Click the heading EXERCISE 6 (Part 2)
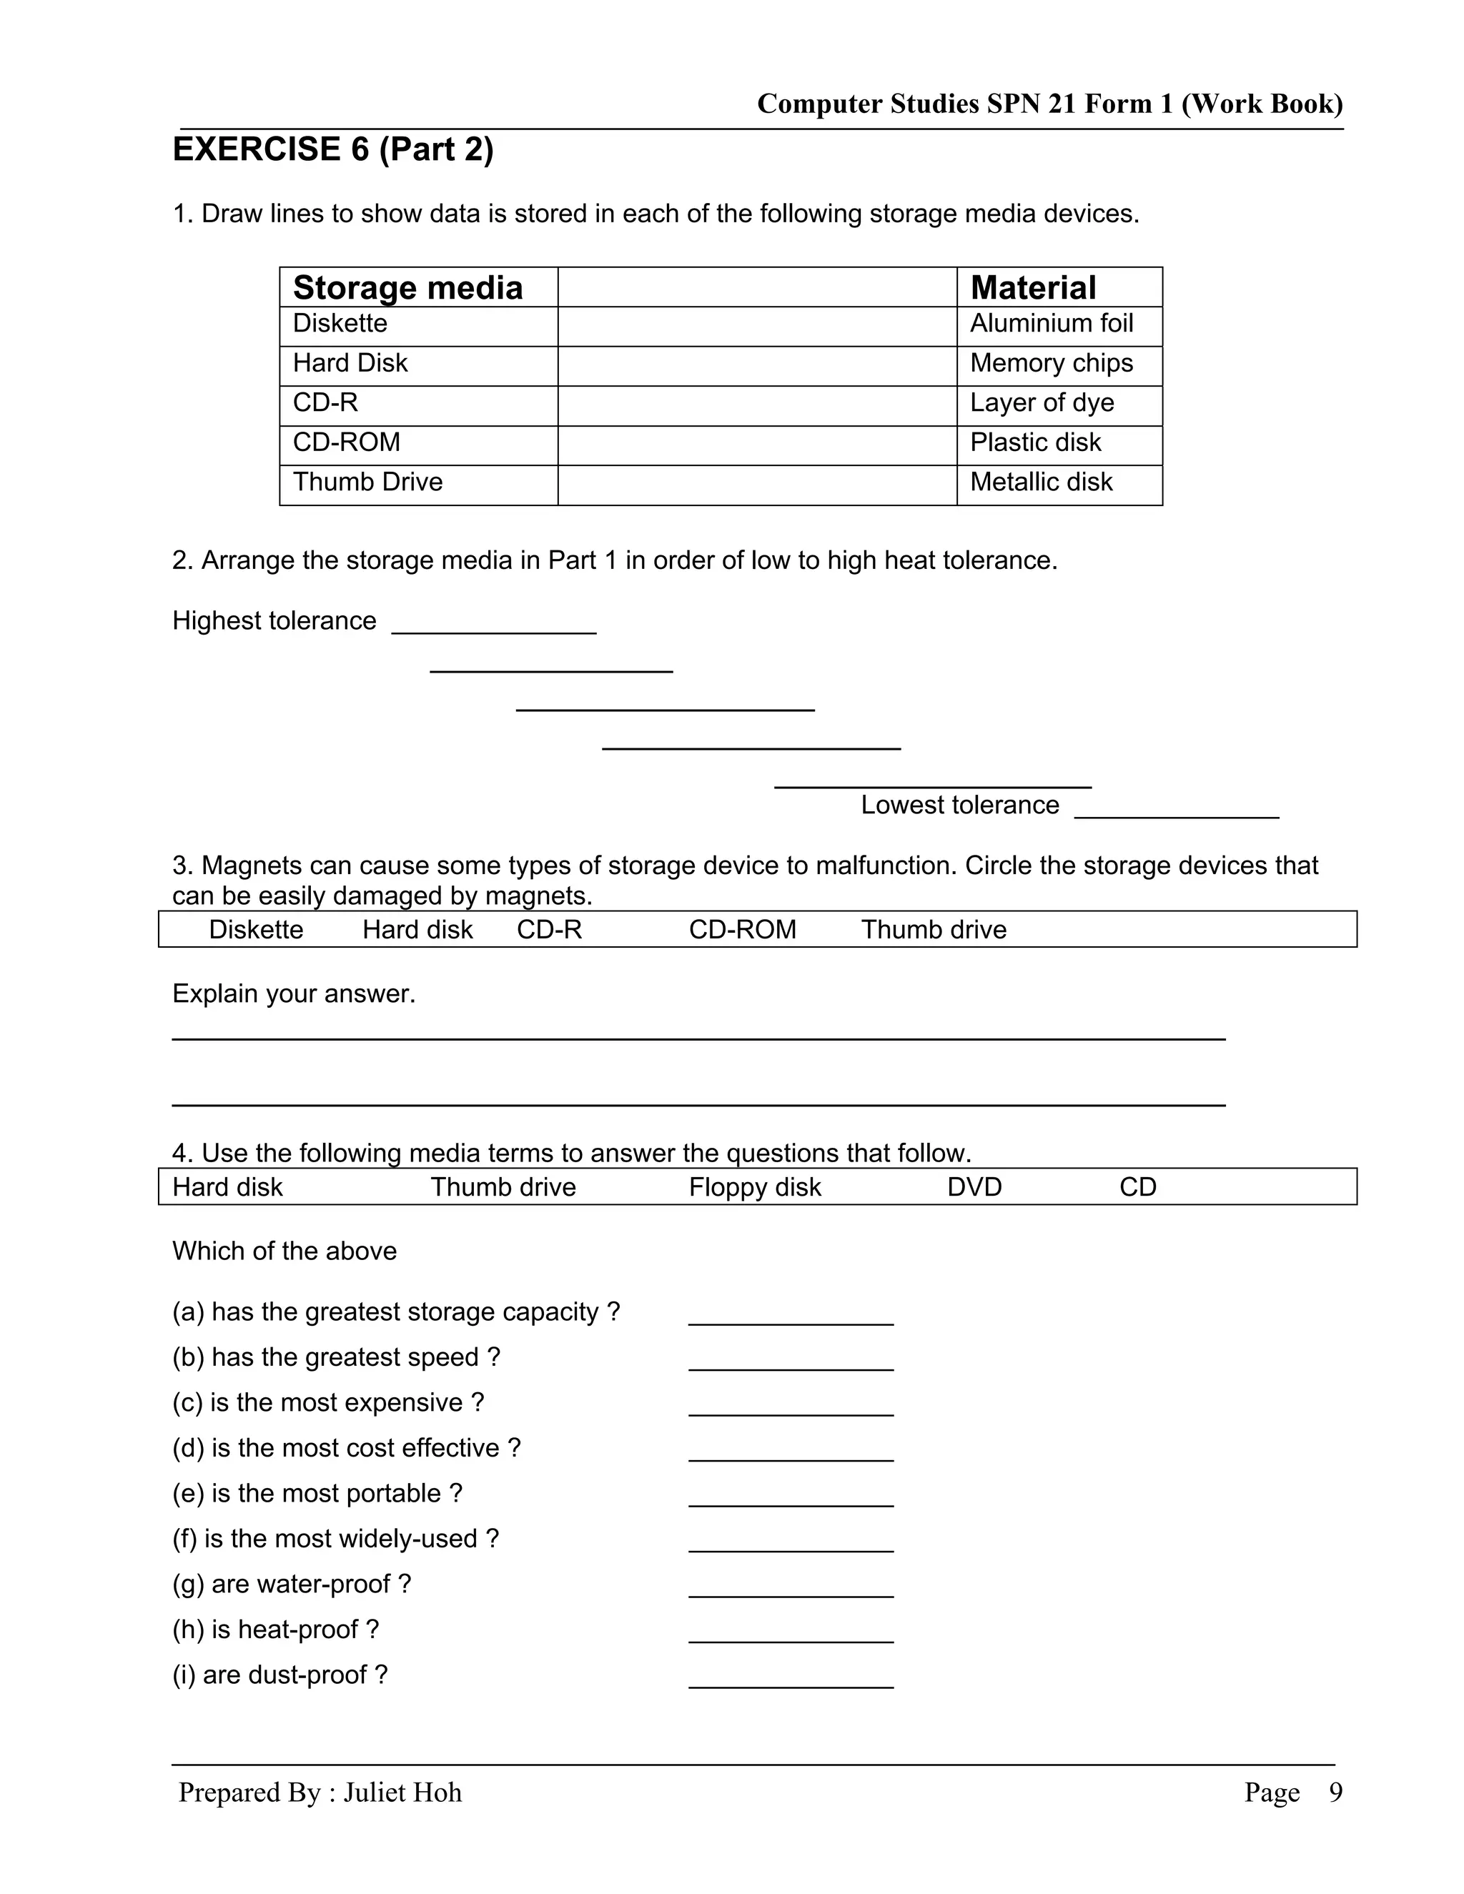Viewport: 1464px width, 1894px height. (x=333, y=149)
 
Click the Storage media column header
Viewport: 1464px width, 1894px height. (x=407, y=288)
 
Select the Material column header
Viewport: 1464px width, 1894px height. (x=1032, y=288)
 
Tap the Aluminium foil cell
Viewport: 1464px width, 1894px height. (x=1051, y=324)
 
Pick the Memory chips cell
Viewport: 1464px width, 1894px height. (x=1051, y=363)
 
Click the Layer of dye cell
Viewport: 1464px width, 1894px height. (x=1042, y=403)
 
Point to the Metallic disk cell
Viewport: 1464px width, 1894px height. (x=1041, y=482)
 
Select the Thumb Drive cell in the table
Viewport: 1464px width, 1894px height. (x=367, y=482)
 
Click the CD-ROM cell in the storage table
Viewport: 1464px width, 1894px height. (x=346, y=442)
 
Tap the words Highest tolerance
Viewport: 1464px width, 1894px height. (x=274, y=621)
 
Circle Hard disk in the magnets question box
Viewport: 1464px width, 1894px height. (x=417, y=930)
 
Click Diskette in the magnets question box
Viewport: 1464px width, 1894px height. (x=256, y=930)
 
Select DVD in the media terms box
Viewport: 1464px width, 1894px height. (x=974, y=1187)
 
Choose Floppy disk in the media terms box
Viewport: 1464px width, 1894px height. (x=755, y=1187)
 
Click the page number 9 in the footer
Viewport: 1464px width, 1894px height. (x=1335, y=1793)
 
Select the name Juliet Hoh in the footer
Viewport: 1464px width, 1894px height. (x=402, y=1793)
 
